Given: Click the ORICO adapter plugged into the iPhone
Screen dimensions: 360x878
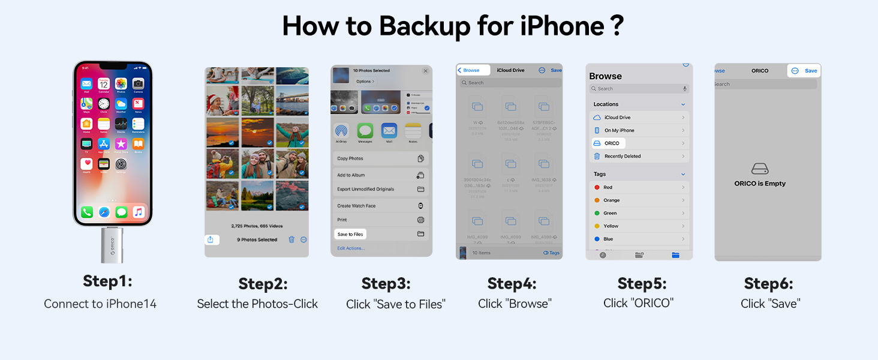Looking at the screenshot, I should pos(108,245).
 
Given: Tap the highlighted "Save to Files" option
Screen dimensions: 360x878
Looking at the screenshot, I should pos(350,234).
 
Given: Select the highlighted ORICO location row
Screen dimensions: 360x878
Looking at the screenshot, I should pos(608,143).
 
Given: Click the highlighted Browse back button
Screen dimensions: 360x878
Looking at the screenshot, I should pos(473,70).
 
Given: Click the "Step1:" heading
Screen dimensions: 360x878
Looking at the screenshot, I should pos(107,281).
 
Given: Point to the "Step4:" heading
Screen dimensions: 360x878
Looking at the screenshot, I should pos(512,283).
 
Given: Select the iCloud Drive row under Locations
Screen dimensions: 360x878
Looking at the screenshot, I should pos(639,118).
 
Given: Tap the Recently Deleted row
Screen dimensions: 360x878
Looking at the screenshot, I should pos(639,156).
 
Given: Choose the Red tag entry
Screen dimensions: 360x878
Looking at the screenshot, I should pos(639,187).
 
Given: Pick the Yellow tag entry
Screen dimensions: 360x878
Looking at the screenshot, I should pos(639,226).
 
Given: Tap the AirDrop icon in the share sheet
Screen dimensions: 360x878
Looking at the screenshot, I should pos(341,131).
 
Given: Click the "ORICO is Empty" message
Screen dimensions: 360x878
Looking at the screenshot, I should pos(760,184).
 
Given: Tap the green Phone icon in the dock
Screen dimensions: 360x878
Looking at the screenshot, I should pos(87,212).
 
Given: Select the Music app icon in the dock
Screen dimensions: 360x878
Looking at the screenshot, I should pos(139,212).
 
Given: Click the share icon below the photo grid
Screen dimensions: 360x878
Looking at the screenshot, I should pos(211,239).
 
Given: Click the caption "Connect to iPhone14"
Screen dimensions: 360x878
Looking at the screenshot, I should pos(100,304).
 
